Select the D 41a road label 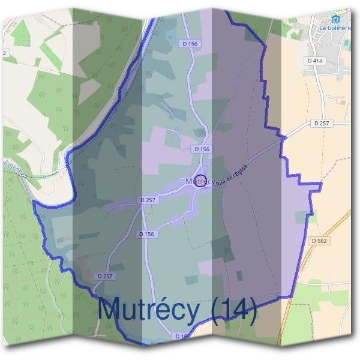pos(314,61)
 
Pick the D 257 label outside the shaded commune pos(322,123)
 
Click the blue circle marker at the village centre pos(202,181)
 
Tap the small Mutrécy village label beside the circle pos(193,181)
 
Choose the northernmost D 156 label pos(188,43)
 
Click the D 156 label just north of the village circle pos(202,149)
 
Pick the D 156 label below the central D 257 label pos(148,234)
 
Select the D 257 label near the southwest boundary pos(104,276)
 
